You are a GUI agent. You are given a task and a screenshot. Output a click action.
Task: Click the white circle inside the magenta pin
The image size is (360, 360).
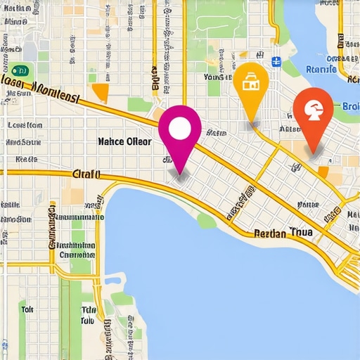tap(181, 127)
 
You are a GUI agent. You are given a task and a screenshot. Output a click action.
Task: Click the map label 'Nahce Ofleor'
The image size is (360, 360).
tap(124, 141)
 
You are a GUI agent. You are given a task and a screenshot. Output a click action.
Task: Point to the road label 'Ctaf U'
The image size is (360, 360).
tap(87, 174)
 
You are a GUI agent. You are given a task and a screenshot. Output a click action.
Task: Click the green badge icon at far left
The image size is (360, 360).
tap(20, 70)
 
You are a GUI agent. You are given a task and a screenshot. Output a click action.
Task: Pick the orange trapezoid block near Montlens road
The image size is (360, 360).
tap(101, 93)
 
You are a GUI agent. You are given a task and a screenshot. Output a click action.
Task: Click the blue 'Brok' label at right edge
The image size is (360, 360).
tap(349, 106)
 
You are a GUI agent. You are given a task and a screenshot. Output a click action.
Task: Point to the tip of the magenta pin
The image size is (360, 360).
tap(181, 174)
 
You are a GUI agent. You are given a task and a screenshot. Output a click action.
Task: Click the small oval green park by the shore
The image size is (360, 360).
tap(206, 221)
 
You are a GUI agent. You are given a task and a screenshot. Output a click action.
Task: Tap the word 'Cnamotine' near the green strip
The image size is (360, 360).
tap(77, 255)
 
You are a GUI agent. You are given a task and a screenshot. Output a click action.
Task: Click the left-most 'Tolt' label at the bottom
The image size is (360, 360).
tap(27, 309)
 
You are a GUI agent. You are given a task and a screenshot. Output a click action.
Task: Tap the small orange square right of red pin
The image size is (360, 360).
tap(324, 171)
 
